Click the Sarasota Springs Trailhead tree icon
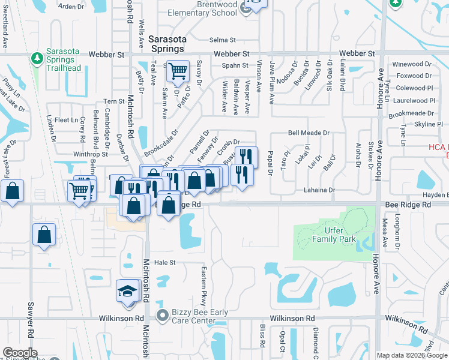coord(37,58)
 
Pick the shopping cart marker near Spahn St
coord(178,71)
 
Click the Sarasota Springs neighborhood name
coord(167,43)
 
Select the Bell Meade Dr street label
coord(309,133)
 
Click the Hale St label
coord(164,262)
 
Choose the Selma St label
coord(223,40)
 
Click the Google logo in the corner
coord(20,353)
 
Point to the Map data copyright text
coord(412,355)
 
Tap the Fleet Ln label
coord(64,120)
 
